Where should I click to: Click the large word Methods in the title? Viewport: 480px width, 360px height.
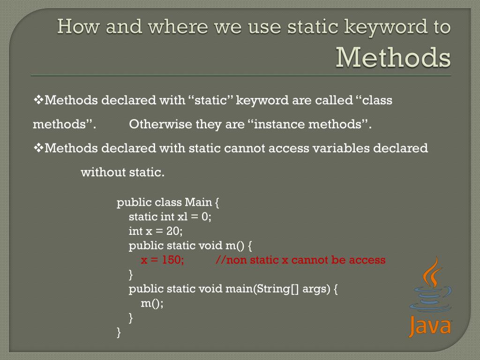coord(393,57)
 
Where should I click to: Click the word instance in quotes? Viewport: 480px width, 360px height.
coord(279,124)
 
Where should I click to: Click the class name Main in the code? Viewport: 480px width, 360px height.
coord(198,202)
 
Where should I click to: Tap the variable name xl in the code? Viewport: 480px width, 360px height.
coord(182,217)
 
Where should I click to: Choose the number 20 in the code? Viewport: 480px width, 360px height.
coord(173,231)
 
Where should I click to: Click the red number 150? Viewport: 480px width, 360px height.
coord(173,260)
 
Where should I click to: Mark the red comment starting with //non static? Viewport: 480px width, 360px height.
coord(300,260)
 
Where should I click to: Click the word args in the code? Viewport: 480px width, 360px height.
coord(316,289)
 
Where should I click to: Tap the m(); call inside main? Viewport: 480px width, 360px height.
coord(152,303)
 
